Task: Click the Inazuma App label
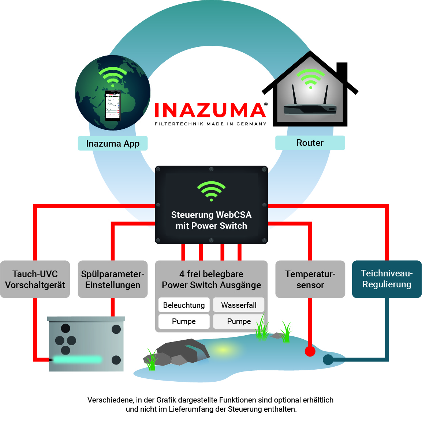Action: click(113, 143)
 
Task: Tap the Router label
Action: click(310, 143)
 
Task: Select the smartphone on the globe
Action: click(113, 106)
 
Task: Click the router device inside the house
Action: click(310, 107)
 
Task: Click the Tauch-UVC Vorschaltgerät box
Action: click(35, 279)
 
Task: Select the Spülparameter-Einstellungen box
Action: click(113, 279)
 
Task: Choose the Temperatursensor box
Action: click(310, 279)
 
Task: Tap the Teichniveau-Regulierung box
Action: click(387, 279)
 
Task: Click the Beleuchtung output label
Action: click(184, 305)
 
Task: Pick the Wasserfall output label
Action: click(239, 305)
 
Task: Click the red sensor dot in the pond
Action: click(310, 351)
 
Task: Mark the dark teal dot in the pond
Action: click(328, 360)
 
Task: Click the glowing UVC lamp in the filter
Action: click(77, 359)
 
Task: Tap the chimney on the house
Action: click(342, 72)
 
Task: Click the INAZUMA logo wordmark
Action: click(210, 110)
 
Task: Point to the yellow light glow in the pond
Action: click(223, 350)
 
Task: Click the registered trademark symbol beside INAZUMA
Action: click(266, 105)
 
